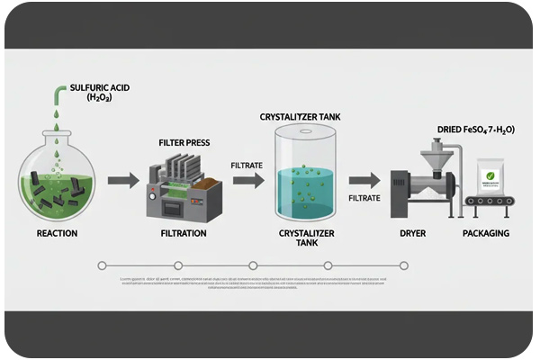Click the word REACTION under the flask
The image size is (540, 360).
(57, 234)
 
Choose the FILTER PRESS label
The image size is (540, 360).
(184, 141)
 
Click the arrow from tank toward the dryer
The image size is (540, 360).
(364, 181)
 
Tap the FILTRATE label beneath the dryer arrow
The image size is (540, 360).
(364, 198)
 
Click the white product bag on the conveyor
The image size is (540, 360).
(490, 180)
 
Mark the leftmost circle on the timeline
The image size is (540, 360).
(102, 265)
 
